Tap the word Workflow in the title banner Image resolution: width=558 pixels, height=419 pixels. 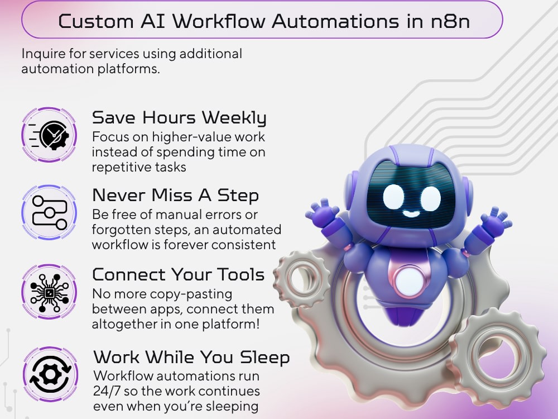[219, 21]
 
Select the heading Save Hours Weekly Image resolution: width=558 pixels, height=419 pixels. [179, 117]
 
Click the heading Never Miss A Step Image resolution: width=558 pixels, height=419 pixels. [175, 195]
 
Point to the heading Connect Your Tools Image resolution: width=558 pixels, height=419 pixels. [179, 274]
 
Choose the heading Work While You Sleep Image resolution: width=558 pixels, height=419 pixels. [191, 358]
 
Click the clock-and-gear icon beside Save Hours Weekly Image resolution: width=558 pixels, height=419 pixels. [49, 135]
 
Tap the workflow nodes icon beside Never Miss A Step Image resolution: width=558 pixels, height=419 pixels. [49, 212]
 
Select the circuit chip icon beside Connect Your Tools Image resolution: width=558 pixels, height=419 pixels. [49, 292]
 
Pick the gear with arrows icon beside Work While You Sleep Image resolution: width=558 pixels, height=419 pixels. [50, 374]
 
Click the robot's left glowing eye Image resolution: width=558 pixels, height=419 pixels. [393, 197]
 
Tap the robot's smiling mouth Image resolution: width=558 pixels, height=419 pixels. [411, 213]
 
